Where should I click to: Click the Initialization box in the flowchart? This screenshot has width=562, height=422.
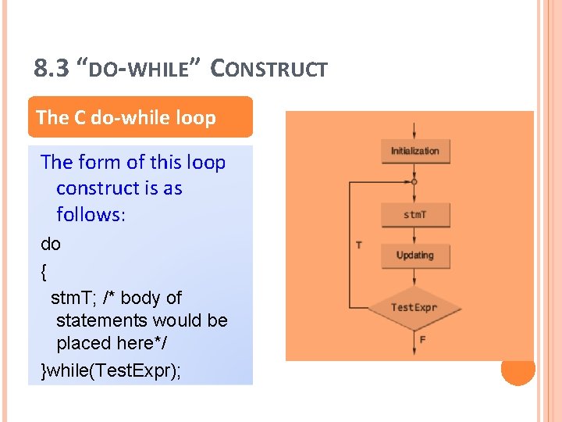point(414,151)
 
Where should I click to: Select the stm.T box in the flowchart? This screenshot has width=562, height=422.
point(414,214)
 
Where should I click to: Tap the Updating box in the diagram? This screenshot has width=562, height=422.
point(414,256)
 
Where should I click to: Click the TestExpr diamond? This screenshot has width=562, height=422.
point(414,307)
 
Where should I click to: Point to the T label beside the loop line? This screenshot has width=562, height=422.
point(358,245)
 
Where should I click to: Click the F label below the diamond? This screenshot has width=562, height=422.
point(422,340)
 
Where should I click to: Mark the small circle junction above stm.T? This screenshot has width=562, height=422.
point(414,182)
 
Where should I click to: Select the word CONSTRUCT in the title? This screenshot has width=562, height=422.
point(270,69)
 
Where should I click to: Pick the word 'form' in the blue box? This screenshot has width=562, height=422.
point(100,163)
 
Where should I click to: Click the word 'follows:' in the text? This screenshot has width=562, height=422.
point(91,214)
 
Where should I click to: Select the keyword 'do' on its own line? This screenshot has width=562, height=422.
point(51,244)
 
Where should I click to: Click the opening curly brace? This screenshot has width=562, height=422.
point(43,271)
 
